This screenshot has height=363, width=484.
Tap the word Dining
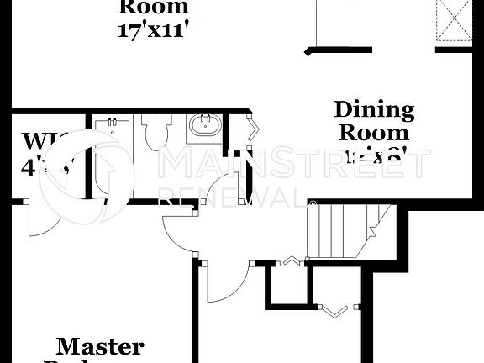point(374,109)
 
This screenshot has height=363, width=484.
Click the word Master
point(99,345)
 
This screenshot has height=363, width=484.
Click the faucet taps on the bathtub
point(110,127)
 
